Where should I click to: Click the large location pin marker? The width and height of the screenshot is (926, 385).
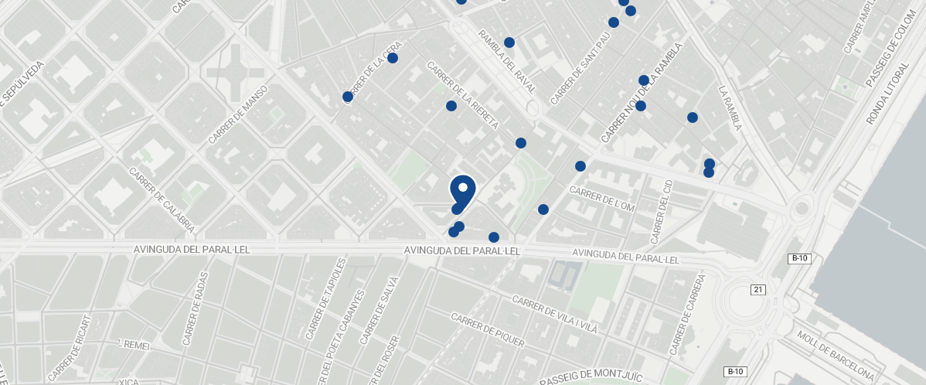pos(462,189)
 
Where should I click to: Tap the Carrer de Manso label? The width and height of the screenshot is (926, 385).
pos(238,114)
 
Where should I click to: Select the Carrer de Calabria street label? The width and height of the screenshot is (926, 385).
pos(162,201)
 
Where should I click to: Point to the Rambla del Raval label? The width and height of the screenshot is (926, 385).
pos(507,62)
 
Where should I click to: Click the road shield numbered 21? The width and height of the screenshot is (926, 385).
pos(757,289)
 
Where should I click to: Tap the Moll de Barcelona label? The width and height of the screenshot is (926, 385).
pos(837,356)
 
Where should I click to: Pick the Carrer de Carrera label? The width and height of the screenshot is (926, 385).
pos(688,314)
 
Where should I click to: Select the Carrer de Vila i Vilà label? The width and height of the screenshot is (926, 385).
pos(555,314)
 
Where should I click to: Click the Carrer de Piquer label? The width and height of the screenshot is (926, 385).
pos(487,330)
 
